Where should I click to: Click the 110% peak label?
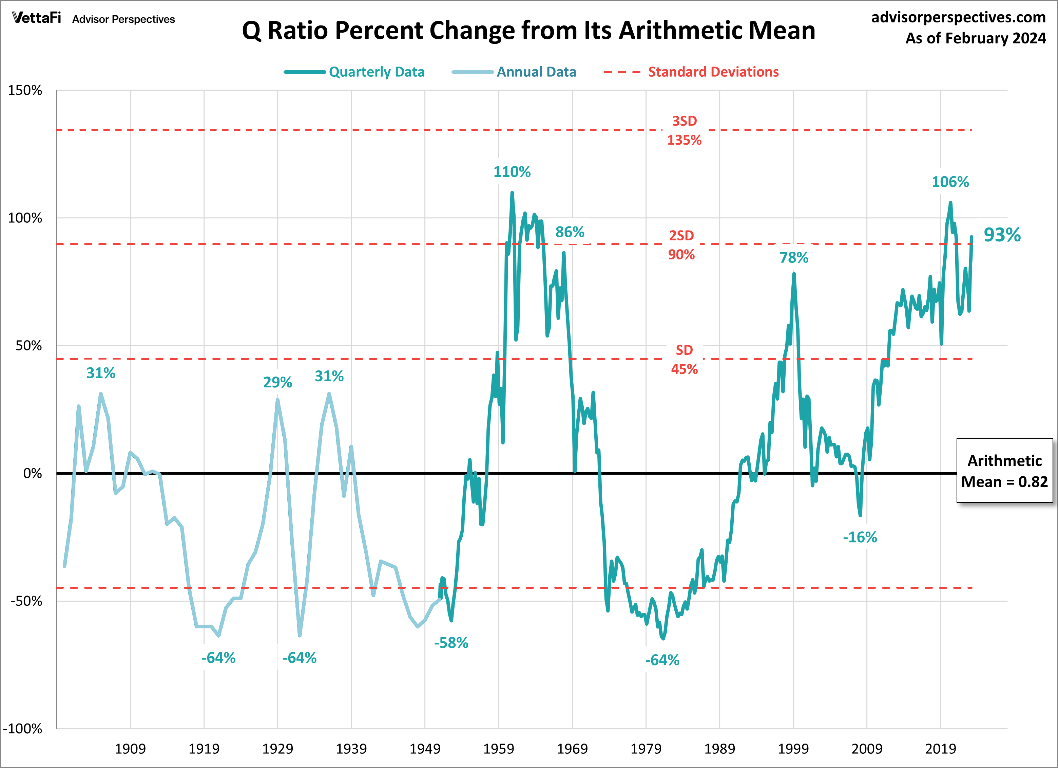(x=512, y=172)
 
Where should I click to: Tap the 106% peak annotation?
(x=950, y=182)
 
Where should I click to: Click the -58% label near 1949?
(x=450, y=642)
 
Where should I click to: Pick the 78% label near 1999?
(x=793, y=257)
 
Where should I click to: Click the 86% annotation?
(x=569, y=232)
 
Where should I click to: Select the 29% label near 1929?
(x=277, y=382)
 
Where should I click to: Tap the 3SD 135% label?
(x=684, y=130)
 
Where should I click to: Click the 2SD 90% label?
(x=681, y=245)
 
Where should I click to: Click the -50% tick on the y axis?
(x=26, y=601)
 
